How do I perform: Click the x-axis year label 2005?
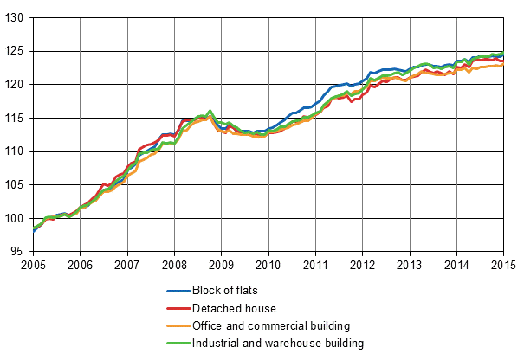pyautogui.click(x=33, y=265)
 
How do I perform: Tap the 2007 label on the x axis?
pyautogui.click(x=127, y=265)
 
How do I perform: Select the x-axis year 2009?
pyautogui.click(x=222, y=265)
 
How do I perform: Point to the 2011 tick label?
pyautogui.click(x=315, y=265)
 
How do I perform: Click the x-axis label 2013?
pyautogui.click(x=410, y=265)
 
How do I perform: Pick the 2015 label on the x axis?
pyautogui.click(x=503, y=265)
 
